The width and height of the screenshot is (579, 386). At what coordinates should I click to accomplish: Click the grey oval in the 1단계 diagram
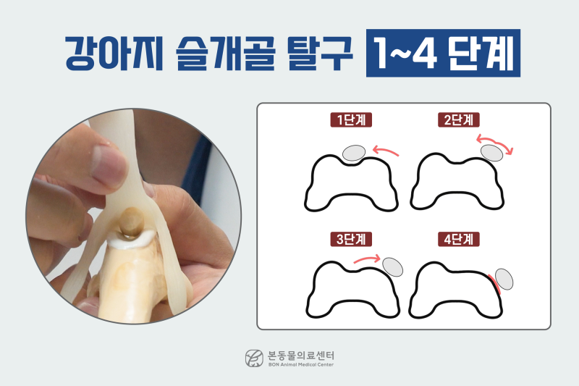click(353, 152)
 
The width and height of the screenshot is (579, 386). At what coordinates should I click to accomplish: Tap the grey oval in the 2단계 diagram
click(492, 152)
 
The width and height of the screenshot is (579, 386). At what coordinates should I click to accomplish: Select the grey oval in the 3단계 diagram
click(393, 267)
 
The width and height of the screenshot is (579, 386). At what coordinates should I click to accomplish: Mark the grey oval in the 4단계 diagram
click(504, 279)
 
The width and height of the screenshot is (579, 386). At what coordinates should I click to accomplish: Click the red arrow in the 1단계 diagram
click(384, 150)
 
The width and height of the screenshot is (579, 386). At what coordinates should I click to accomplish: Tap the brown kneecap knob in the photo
click(133, 221)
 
